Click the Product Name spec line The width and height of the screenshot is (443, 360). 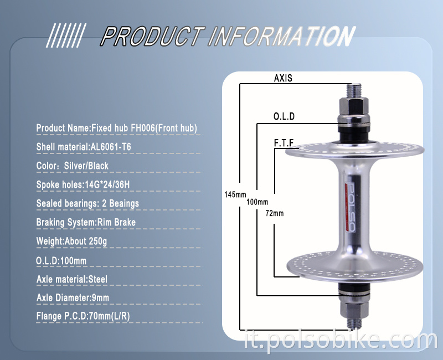point(116,128)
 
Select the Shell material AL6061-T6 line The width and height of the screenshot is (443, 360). point(84,147)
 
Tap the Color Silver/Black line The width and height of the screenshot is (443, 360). point(73,166)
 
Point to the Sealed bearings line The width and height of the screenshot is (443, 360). point(87,203)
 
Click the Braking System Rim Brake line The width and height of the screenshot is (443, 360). point(86,222)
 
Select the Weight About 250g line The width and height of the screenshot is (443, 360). point(72,241)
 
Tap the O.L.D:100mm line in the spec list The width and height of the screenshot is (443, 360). point(61,260)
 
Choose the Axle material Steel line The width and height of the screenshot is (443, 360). point(72,279)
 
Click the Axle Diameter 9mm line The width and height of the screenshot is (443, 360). point(73,298)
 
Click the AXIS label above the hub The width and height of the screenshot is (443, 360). point(283,78)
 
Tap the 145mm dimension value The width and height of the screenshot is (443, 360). point(235,194)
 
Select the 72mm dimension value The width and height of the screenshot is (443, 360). point(274,213)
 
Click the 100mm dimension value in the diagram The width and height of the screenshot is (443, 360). point(257,202)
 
